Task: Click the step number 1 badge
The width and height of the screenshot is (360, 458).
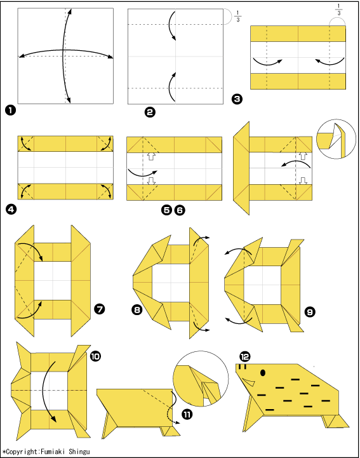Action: click(11, 111)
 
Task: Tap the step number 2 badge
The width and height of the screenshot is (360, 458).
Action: click(150, 112)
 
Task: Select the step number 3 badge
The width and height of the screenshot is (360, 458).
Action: click(237, 99)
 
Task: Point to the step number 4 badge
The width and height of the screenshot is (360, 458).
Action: click(11, 210)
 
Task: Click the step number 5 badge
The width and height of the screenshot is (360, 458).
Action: click(166, 210)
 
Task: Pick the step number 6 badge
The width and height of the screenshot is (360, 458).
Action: click(180, 210)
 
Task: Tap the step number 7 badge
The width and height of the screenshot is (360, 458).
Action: click(100, 309)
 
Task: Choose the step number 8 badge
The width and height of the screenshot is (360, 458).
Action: click(137, 309)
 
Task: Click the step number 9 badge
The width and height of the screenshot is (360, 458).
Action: click(310, 312)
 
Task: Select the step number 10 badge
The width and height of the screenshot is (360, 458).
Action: click(95, 356)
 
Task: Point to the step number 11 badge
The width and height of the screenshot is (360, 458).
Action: click(187, 414)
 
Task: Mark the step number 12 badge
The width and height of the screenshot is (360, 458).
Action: click(244, 356)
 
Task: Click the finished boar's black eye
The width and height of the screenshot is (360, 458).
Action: click(263, 373)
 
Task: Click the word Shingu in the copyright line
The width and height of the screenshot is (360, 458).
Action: click(79, 452)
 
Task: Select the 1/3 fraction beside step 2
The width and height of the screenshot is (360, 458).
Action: click(237, 17)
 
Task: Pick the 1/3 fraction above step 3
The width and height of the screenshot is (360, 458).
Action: click(338, 10)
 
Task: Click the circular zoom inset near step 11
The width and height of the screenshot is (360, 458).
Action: click(201, 379)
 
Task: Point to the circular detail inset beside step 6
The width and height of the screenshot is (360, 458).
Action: click(336, 139)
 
